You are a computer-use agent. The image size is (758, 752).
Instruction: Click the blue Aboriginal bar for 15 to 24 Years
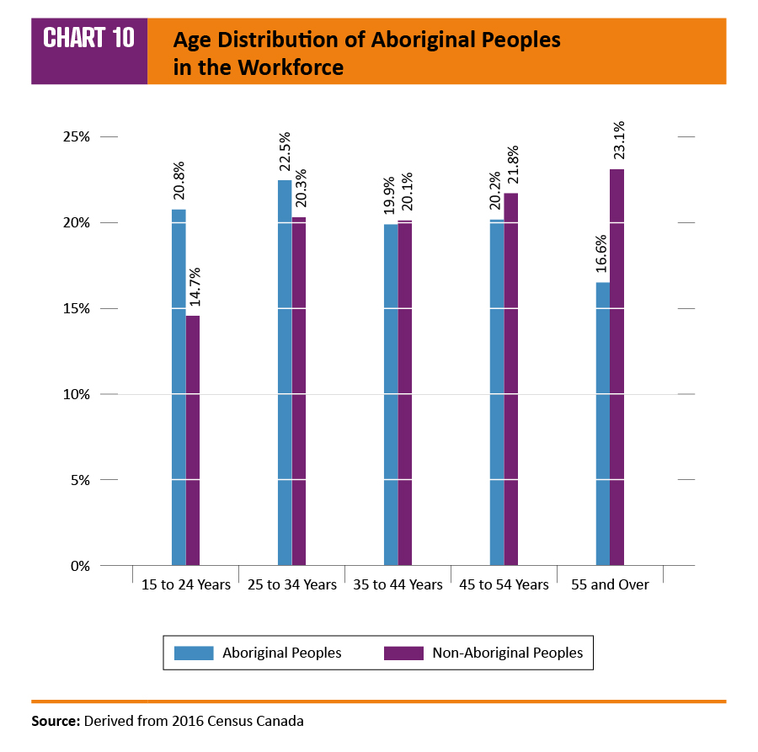179,387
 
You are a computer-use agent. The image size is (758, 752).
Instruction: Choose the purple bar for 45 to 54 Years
511,379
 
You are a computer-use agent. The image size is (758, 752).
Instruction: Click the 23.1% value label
619,143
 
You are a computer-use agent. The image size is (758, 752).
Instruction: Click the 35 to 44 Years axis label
398,584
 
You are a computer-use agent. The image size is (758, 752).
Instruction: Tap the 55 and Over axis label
610,584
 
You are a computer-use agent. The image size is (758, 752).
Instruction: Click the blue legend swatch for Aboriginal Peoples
193,653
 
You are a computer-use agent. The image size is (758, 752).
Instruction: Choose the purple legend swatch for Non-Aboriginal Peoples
403,653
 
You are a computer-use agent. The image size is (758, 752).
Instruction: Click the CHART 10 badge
89,39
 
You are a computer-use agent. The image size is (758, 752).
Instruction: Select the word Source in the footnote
55,721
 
